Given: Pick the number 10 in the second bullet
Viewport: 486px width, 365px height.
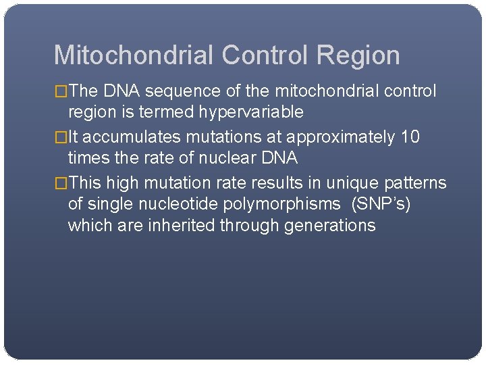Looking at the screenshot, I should pyautogui.click(x=410, y=137).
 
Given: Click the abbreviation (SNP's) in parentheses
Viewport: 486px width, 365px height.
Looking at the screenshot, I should pyautogui.click(x=381, y=203).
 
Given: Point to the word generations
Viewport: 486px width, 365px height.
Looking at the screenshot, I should pyautogui.click(x=330, y=225).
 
